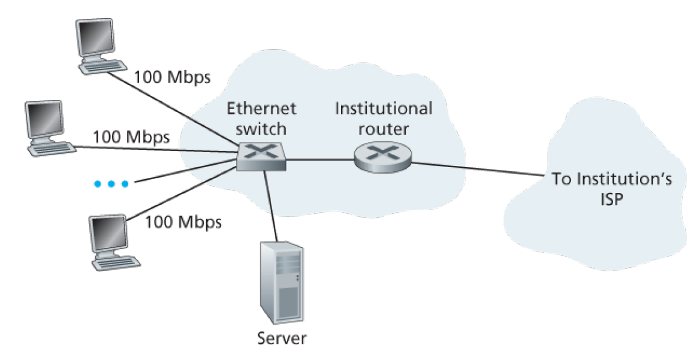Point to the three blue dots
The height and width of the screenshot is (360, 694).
pos(110,183)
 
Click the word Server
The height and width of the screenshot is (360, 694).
pos(282,338)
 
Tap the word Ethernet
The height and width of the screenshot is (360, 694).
pos(261,110)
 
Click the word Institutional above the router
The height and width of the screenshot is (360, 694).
pos(383,110)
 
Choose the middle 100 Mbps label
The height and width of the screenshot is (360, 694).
pos(131,137)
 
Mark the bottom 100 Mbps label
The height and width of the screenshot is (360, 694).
pos(183,222)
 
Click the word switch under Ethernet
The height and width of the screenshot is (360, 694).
pos(261,129)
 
